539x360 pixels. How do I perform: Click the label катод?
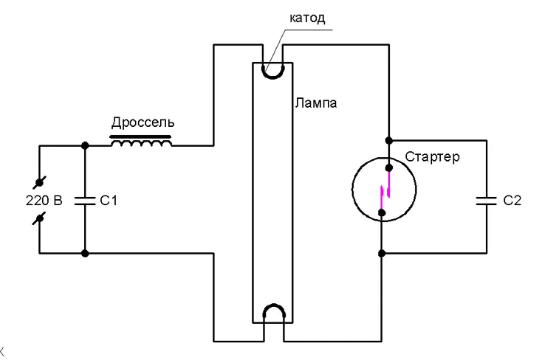tap(307, 18)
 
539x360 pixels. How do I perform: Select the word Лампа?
tap(315, 103)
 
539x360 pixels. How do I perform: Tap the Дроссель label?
tap(143, 122)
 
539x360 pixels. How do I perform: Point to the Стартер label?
tap(432, 157)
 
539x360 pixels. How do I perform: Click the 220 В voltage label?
tap(44, 200)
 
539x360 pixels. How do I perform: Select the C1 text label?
tap(109, 201)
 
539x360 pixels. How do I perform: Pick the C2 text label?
tap(512, 200)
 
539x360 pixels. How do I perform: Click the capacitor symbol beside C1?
tap(85, 201)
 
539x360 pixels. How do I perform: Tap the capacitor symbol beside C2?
tap(487, 201)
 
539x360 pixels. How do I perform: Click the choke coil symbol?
tap(141, 142)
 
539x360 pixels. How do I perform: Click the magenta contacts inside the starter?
tap(385, 192)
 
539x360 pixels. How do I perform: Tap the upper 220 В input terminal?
tap(40, 182)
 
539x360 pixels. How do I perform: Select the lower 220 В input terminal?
tap(40, 218)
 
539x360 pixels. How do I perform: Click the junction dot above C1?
tap(85, 145)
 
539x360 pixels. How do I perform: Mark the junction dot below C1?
tap(85, 254)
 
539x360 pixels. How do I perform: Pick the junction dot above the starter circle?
tap(389, 140)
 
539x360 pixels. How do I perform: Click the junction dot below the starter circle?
tap(382, 254)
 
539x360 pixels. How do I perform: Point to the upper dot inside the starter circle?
tap(389, 167)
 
